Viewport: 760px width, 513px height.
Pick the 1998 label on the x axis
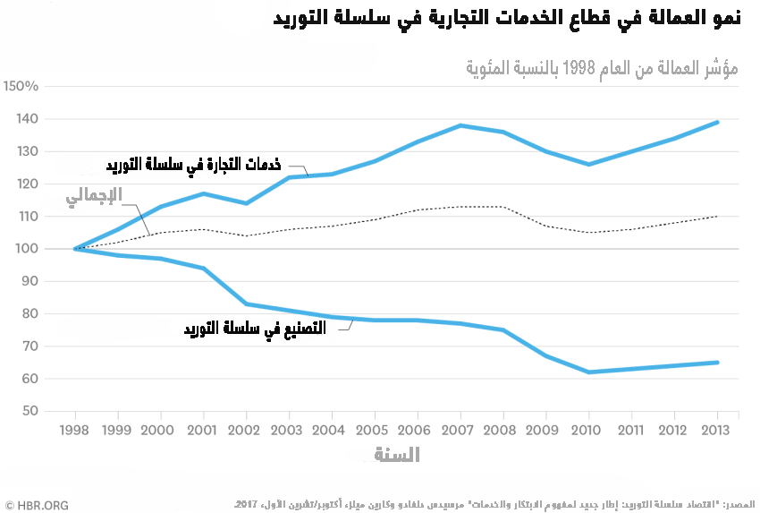[x=74, y=430]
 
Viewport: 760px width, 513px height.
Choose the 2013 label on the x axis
[x=718, y=430]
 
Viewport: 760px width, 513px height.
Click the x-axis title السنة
[x=396, y=455]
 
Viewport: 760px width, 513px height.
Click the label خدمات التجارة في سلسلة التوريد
[x=194, y=165]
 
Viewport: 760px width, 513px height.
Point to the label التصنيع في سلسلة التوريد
[x=255, y=329]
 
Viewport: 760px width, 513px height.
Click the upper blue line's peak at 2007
[x=460, y=125]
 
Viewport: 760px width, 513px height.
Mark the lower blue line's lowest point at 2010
[x=589, y=372]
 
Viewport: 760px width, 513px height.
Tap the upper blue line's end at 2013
[x=718, y=122]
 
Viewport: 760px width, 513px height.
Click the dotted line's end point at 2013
[x=718, y=216]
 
